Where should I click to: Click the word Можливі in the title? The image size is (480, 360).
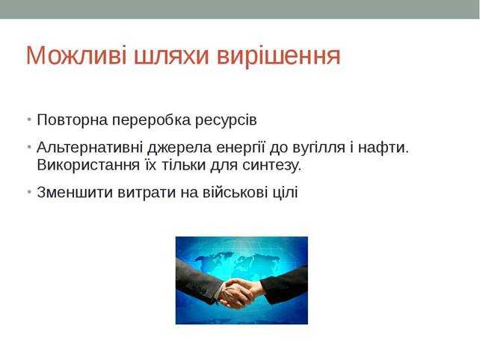(76, 55)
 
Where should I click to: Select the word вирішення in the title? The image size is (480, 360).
(279, 57)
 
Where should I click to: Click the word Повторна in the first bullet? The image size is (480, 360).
(73, 120)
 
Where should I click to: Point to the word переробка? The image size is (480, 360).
(151, 120)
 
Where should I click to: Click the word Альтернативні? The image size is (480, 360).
(90, 147)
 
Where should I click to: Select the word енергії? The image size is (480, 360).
(241, 149)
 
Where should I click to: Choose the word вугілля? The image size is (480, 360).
(319, 149)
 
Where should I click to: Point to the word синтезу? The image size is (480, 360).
(272, 167)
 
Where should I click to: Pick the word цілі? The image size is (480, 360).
(285, 193)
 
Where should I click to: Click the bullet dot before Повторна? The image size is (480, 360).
(29, 119)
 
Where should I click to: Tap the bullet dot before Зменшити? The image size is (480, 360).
(29, 192)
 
